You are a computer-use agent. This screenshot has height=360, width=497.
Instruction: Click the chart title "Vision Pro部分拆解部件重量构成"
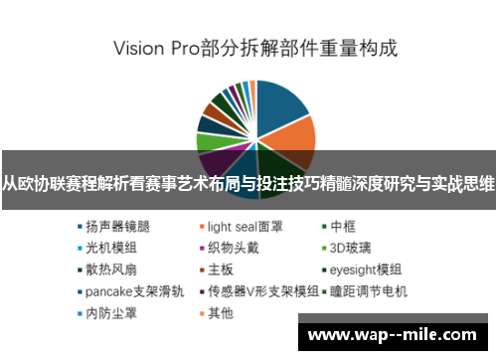pos(254,47)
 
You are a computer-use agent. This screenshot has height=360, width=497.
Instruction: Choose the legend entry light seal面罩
pos(243,225)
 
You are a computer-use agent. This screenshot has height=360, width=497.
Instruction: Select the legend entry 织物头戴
pos(231,247)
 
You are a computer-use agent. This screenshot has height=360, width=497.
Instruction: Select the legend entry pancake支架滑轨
pos(128,291)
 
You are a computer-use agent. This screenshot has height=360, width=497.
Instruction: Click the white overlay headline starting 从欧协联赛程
pos(248,183)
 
